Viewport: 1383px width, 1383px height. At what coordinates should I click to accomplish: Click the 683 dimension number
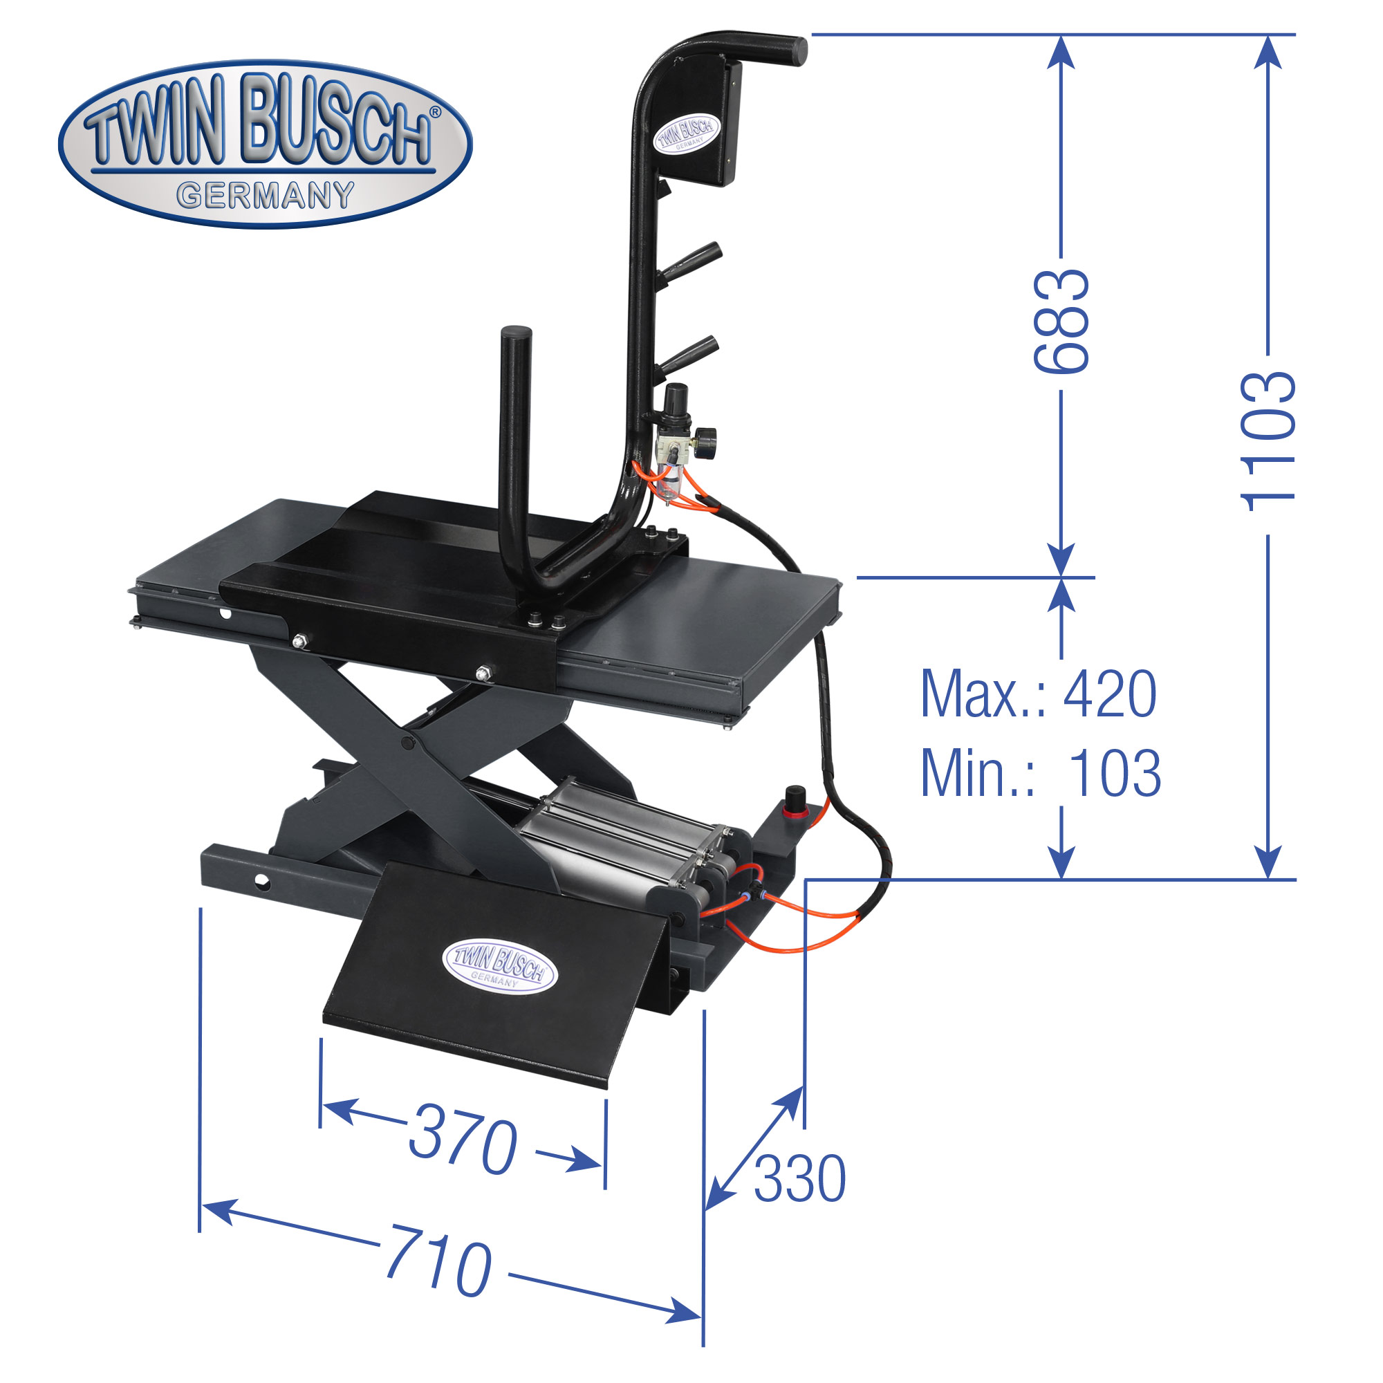click(1061, 321)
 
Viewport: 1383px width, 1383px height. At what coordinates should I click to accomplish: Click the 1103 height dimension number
click(1268, 443)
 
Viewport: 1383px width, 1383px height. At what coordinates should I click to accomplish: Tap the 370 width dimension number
click(463, 1140)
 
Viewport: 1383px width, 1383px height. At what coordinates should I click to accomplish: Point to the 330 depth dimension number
click(799, 1179)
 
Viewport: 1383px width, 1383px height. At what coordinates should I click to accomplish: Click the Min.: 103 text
click(1040, 773)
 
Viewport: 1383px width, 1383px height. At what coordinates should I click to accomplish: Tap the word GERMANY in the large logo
click(266, 196)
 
